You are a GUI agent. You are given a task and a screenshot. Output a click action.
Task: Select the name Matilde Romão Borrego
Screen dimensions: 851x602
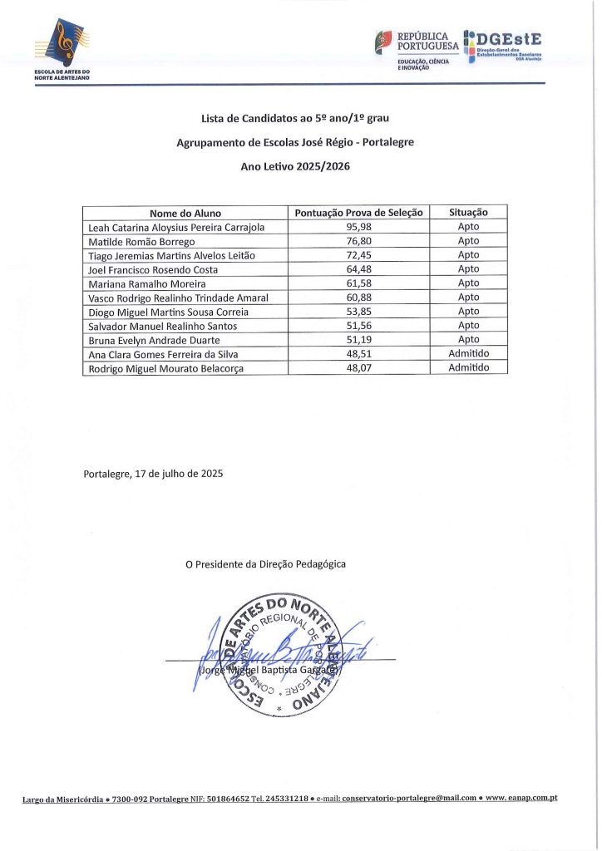(141, 241)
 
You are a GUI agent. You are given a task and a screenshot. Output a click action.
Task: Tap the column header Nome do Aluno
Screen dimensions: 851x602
(185, 213)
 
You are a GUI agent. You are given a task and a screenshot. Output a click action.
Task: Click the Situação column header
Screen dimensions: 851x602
(468, 213)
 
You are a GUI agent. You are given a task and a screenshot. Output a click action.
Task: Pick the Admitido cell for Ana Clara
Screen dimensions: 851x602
(468, 354)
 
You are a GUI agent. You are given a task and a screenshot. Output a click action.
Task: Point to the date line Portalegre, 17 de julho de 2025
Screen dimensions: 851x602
(153, 474)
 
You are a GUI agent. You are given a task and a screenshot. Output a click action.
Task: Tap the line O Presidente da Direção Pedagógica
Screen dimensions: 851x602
(265, 564)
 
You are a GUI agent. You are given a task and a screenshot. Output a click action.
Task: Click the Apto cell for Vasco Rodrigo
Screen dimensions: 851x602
(468, 298)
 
